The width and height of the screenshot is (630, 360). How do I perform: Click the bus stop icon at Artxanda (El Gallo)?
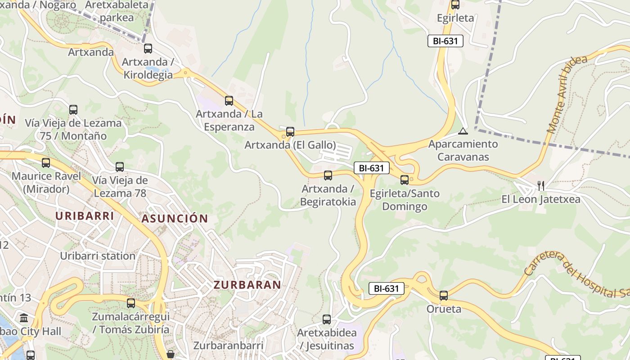290,131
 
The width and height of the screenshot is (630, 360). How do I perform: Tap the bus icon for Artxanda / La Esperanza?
229,100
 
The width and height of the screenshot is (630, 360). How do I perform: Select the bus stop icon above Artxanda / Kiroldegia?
148,49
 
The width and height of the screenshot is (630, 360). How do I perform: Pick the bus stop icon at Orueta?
444,296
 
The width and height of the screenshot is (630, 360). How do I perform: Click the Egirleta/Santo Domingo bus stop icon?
405,180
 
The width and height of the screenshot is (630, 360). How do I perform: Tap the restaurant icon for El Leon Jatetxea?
541,185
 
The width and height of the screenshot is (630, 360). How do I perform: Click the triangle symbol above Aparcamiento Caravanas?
463,131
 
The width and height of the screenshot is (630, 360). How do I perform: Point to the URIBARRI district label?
85,216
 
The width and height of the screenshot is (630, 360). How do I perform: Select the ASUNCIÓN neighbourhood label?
175,219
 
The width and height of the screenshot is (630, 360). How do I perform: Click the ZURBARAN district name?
247,285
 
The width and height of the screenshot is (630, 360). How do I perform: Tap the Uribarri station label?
98,256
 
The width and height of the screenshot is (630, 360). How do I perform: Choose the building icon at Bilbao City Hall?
24,318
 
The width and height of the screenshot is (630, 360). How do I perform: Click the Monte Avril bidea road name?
567,94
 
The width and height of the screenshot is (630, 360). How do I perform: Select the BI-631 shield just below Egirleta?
445,41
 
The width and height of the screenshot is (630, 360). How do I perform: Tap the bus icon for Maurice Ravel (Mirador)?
45,162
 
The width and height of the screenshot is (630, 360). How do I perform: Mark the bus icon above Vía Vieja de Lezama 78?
120,167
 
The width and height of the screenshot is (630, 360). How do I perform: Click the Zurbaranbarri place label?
228,346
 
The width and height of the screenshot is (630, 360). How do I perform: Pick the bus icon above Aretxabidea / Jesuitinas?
327,319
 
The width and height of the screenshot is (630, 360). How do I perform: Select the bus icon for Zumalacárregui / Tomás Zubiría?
131,303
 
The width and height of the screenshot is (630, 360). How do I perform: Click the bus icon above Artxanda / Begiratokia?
328,175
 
